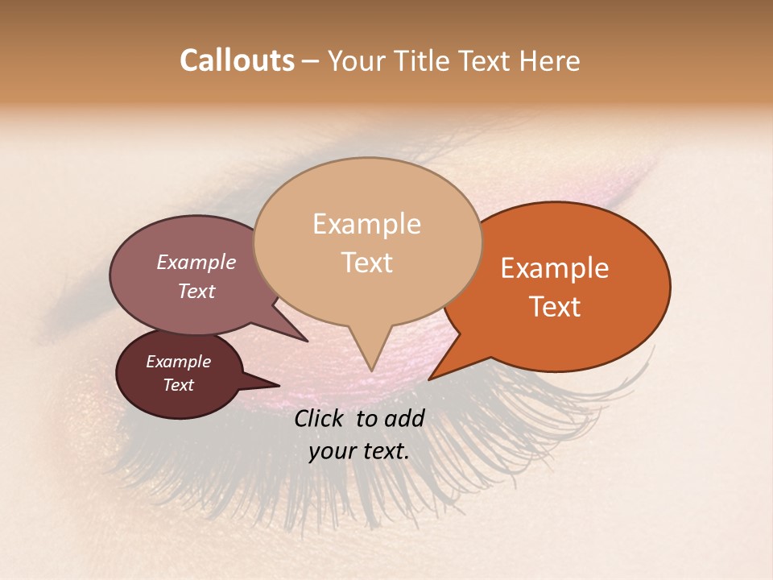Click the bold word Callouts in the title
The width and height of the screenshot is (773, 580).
pyautogui.click(x=237, y=60)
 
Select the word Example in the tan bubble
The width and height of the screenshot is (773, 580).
pyautogui.click(x=366, y=224)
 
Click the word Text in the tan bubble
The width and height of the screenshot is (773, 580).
pyautogui.click(x=366, y=263)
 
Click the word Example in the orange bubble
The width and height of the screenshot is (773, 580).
pyautogui.click(x=555, y=268)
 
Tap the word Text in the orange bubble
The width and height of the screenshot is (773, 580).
pyautogui.click(x=555, y=307)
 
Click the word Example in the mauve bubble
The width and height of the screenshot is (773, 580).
pyautogui.click(x=196, y=263)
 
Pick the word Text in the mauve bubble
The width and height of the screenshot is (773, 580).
pyautogui.click(x=196, y=291)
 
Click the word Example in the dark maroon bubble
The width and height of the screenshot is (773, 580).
pyautogui.click(x=178, y=362)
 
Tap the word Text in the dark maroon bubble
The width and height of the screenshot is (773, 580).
pyautogui.click(x=178, y=385)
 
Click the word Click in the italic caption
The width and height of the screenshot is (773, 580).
pyautogui.click(x=320, y=418)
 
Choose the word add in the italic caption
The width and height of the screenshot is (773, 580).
pyautogui.click(x=403, y=418)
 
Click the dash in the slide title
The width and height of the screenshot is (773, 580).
pyautogui.click(x=311, y=62)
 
